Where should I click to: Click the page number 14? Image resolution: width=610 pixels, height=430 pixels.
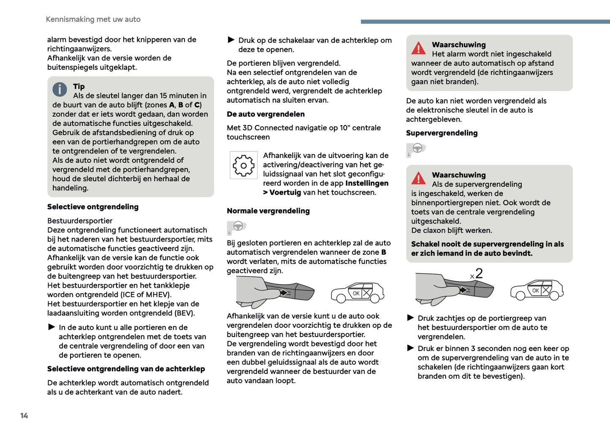pos(24,416)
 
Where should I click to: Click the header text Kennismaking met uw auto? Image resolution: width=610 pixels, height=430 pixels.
pos(93,19)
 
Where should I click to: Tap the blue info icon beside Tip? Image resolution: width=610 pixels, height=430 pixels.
pos(60,89)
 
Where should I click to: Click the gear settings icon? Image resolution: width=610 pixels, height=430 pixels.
pos(244,166)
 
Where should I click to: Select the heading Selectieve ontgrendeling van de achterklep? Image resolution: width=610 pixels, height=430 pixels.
pos(126,369)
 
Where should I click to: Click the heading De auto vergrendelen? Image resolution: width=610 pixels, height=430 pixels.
pos(266,114)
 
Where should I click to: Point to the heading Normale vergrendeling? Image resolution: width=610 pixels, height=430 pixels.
pos(268,211)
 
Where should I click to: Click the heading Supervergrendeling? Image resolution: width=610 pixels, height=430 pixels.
pos(442,133)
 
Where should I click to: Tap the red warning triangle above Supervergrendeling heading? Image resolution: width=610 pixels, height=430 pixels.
pos(418,48)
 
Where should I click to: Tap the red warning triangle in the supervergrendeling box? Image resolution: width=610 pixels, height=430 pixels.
pos(418,178)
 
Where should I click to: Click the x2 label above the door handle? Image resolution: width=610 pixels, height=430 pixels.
pos(477,274)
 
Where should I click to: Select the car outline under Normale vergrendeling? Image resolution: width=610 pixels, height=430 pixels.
pos(357,293)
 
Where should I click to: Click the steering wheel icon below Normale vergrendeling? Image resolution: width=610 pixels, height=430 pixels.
pos(238,226)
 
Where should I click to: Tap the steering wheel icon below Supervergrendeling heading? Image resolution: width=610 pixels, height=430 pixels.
pos(417,149)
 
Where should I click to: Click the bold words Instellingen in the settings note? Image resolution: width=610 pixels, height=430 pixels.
pos(366,183)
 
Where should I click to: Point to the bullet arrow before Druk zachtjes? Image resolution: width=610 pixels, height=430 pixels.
pos(410,318)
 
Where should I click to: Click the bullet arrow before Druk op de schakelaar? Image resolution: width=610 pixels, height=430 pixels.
pos(231,40)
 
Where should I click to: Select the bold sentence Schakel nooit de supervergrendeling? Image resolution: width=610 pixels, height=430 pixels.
pos(487,249)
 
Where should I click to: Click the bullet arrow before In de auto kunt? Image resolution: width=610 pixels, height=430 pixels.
pos(52,327)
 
